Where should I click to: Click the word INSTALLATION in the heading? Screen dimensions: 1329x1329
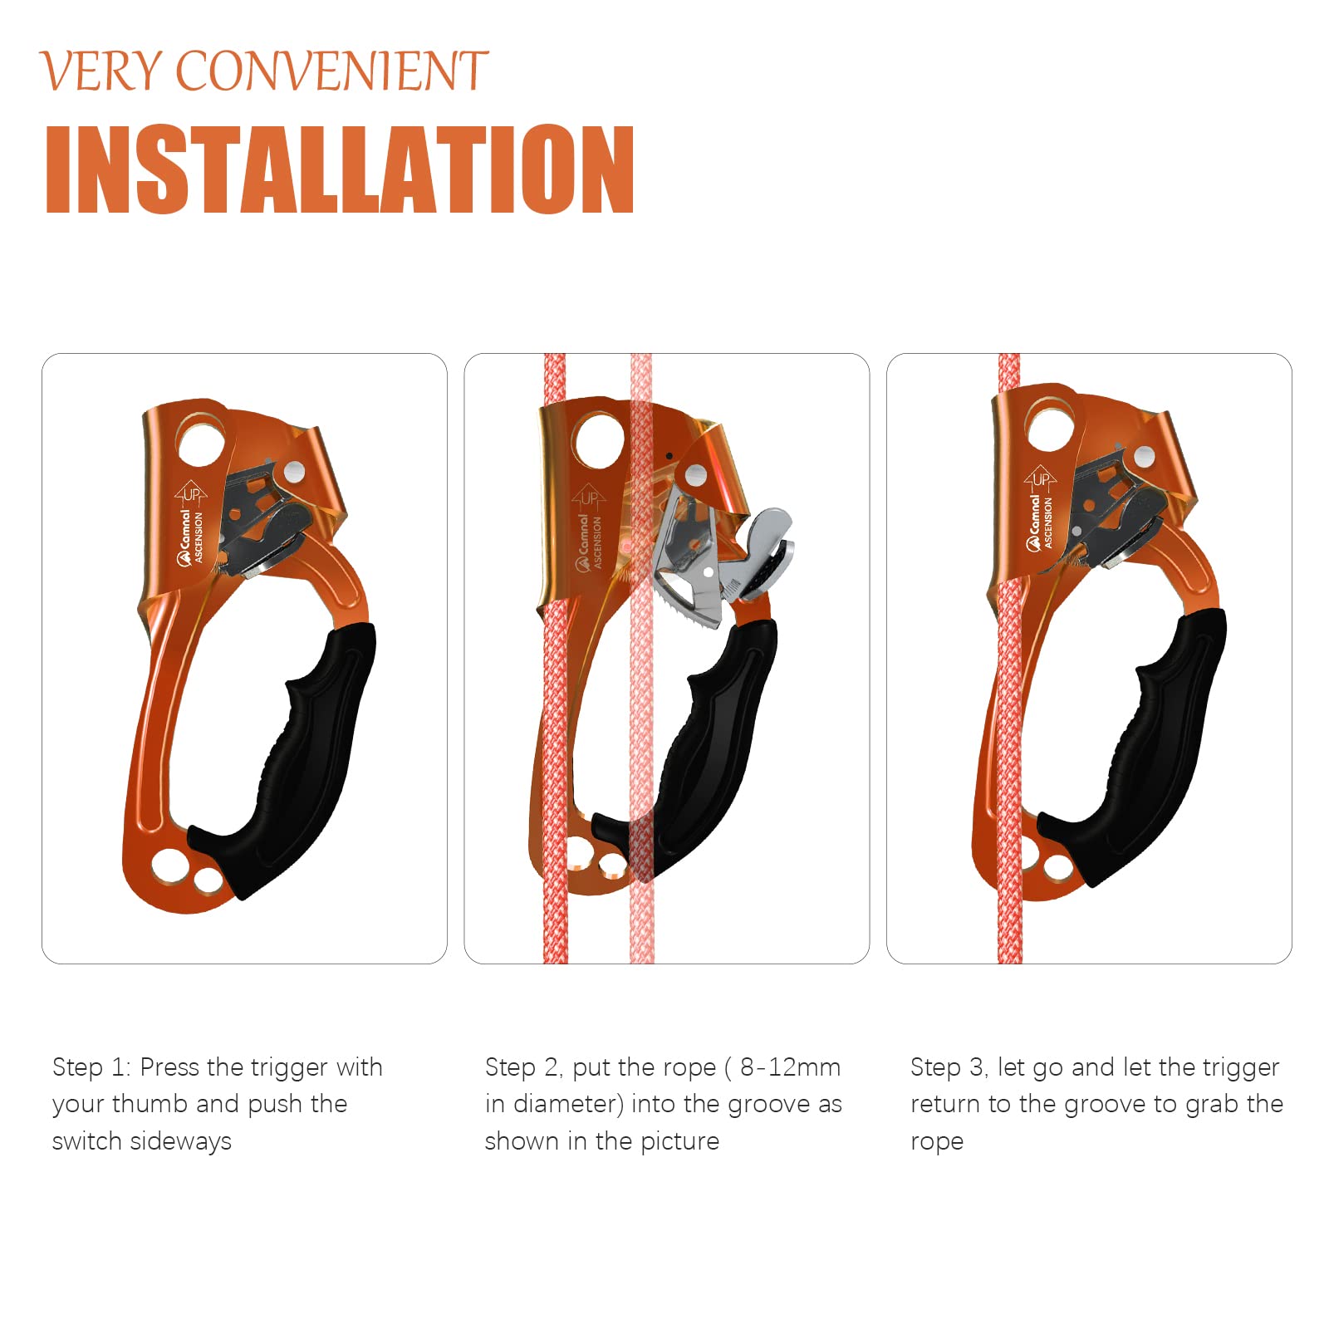coord(340,169)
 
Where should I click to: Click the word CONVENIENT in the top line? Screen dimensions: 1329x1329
coord(331,71)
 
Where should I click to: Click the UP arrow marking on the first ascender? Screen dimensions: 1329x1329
coord(191,493)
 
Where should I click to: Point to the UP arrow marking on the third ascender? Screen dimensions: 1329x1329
coord(1040,478)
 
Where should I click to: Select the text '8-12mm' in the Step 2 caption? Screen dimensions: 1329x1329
coord(790,1067)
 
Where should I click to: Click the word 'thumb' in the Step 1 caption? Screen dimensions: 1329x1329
coord(150,1104)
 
